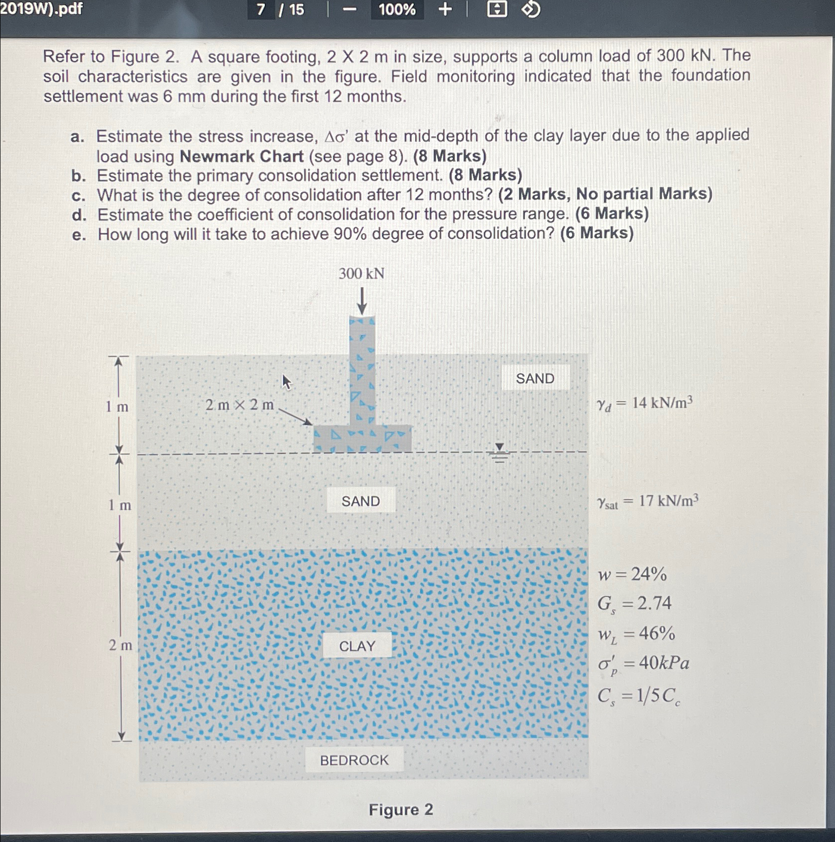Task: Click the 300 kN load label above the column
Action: tap(361, 274)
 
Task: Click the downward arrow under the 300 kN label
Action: tap(362, 301)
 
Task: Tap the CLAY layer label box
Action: tap(357, 646)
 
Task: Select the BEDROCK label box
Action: tap(354, 760)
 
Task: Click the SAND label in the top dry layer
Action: tap(535, 378)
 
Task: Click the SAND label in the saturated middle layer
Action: tap(361, 501)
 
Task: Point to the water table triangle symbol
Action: tap(500, 447)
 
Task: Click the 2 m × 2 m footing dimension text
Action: tap(240, 405)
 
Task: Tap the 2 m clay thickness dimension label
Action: tap(121, 645)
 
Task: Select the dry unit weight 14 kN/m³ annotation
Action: tap(644, 403)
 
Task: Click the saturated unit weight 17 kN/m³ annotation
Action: tap(647, 501)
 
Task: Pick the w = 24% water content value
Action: tap(632, 574)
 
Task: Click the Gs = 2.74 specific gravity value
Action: tap(634, 603)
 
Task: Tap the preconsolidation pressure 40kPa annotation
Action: tap(643, 663)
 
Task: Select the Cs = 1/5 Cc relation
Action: tap(639, 696)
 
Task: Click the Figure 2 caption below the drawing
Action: tap(401, 810)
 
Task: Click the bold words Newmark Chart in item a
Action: tap(242, 156)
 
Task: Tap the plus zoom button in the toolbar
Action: tap(445, 9)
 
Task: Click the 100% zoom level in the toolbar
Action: tap(397, 9)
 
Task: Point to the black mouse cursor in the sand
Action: tap(286, 382)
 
